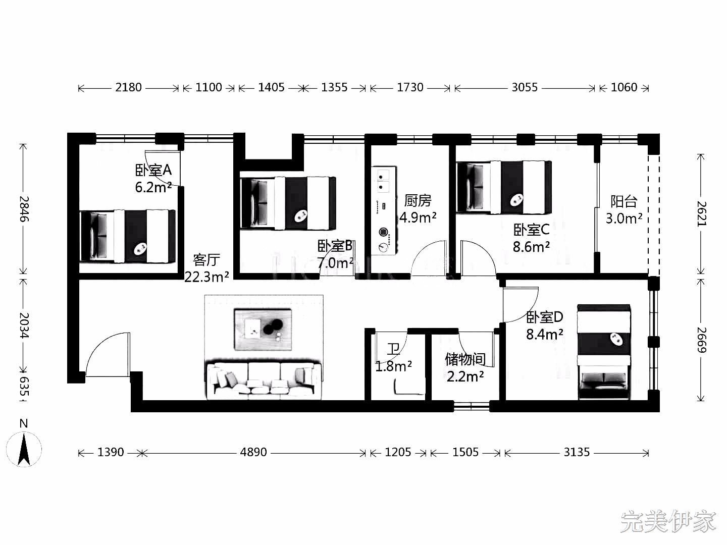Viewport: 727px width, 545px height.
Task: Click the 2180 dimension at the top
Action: pos(129,87)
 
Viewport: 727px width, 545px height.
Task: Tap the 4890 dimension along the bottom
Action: pos(253,452)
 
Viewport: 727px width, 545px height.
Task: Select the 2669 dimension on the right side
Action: pos(701,340)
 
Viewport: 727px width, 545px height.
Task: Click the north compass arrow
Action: pos(24,450)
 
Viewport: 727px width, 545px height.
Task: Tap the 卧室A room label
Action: pos(153,170)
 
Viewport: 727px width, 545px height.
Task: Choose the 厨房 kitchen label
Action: pos(418,200)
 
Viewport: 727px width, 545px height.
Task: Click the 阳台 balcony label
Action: pos(624,201)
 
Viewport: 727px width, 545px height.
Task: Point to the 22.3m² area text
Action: pos(206,277)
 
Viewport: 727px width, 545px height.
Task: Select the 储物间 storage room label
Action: pos(465,359)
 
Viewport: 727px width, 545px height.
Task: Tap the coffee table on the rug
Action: pos(263,330)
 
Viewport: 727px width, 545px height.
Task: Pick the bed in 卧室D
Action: pos(603,352)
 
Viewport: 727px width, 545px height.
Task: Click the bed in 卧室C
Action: pos(504,187)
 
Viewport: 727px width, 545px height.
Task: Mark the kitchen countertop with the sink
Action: pos(384,210)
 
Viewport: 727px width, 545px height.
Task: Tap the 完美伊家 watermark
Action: pos(668,522)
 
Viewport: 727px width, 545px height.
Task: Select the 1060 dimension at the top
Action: pos(624,87)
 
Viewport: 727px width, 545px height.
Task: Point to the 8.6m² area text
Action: pos(531,247)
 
